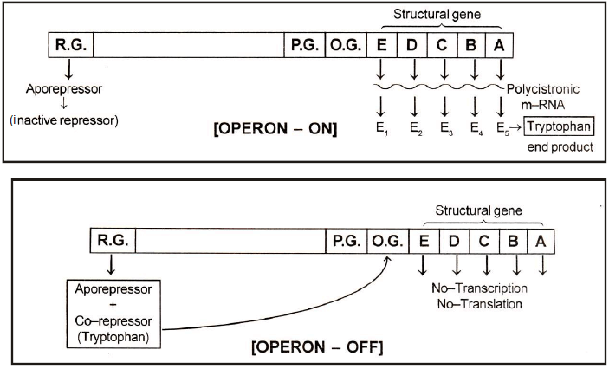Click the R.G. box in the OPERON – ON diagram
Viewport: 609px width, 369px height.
(68, 46)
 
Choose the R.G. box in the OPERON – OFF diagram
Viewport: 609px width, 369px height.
(112, 240)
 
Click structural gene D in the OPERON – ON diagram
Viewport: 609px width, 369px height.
(412, 46)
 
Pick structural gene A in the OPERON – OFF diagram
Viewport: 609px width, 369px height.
(540, 240)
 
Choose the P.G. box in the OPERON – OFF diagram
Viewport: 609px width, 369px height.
(347, 240)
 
